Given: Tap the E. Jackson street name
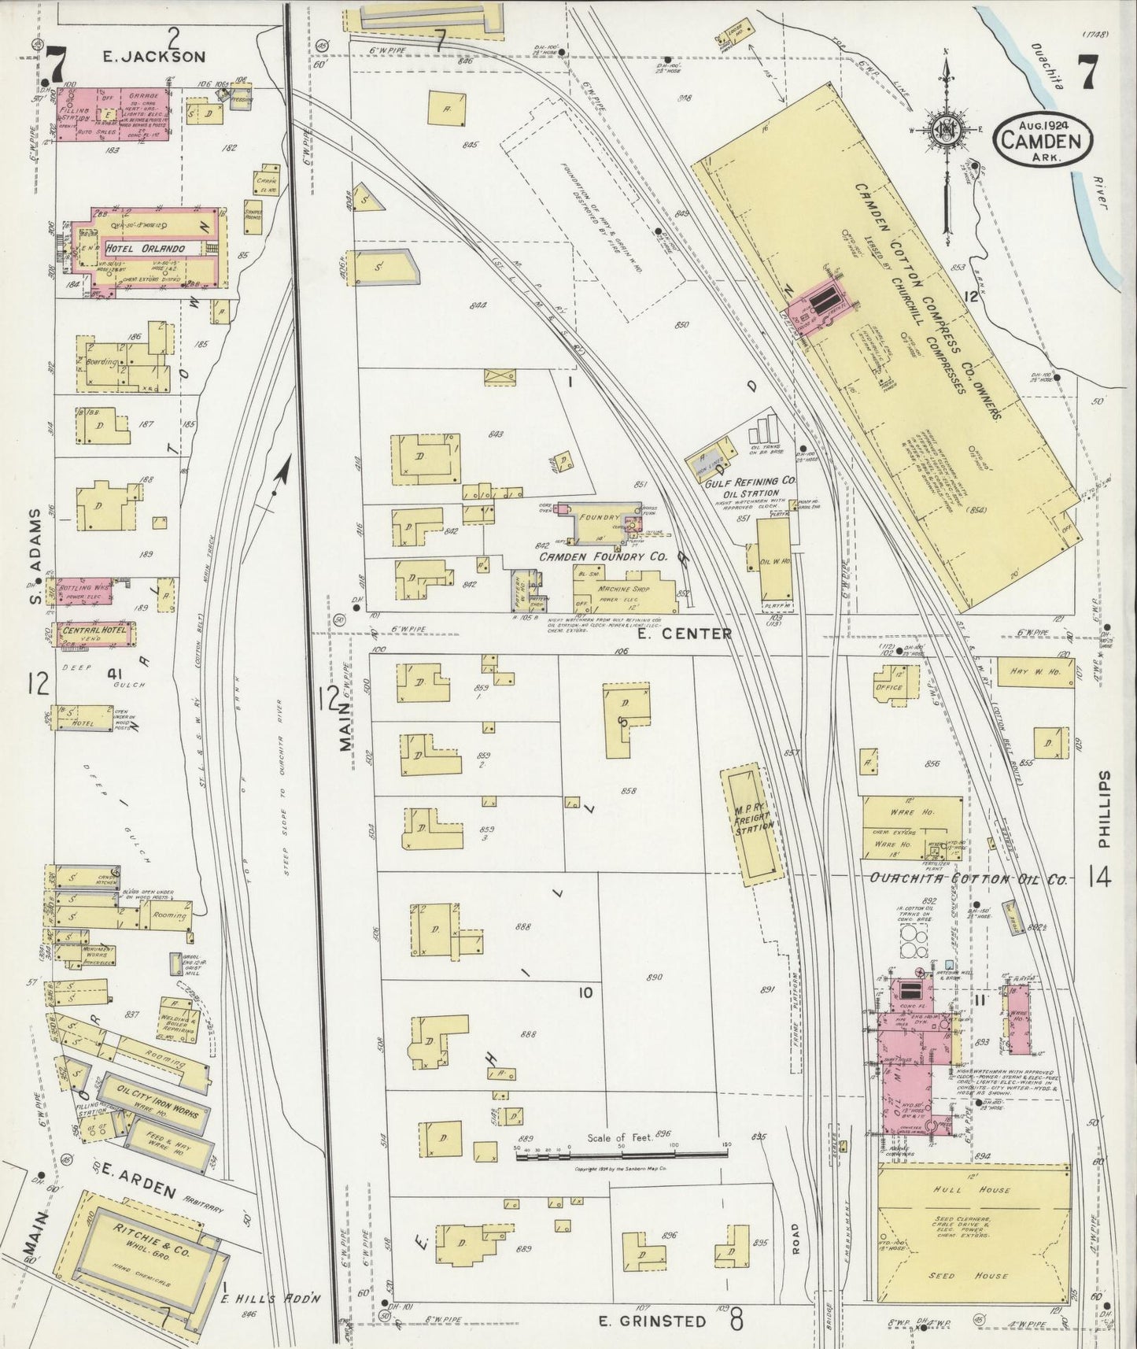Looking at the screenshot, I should (155, 57).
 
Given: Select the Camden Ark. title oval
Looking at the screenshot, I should (1042, 139).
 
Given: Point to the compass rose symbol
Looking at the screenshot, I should (947, 131).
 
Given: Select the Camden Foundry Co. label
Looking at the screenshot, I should (603, 557).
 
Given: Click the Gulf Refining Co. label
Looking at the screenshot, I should (741, 481).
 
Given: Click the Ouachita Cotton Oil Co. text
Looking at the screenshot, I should (968, 879).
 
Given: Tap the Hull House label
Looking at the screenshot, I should (973, 1191).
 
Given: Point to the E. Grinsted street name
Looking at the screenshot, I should (651, 1321).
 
